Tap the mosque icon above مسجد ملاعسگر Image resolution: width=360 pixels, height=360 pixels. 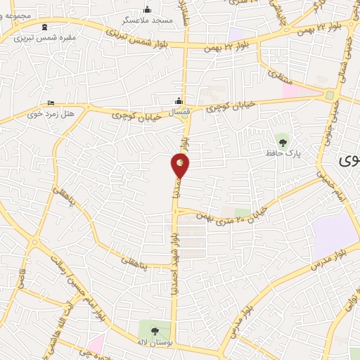point(148,10)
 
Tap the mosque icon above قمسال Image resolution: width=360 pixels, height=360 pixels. point(179,100)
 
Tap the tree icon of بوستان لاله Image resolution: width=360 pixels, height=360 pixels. point(155,330)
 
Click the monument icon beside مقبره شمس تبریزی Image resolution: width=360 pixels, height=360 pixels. point(46,26)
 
